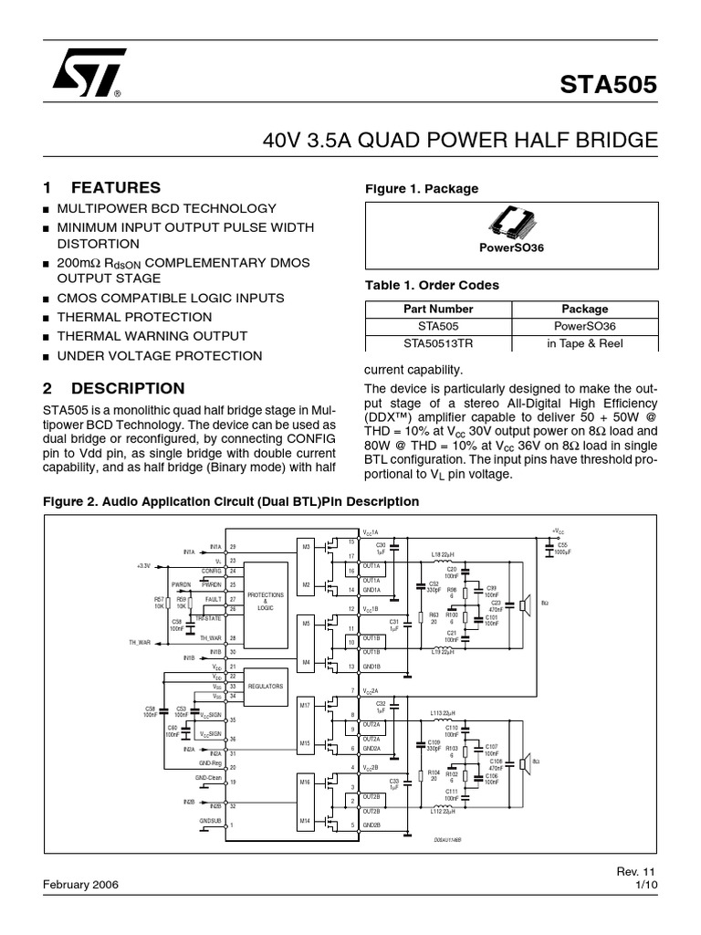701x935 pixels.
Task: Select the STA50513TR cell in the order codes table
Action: [438, 342]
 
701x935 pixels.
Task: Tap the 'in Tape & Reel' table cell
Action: [584, 342]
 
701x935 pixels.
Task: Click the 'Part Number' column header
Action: [438, 309]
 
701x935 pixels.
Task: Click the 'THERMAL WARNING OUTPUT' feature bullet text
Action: [152, 336]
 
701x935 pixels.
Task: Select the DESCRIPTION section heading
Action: [128, 388]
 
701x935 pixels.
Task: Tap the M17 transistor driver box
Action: [306, 705]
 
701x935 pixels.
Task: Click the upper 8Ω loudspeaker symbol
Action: [524, 604]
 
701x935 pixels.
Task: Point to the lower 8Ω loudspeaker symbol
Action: [524, 762]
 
